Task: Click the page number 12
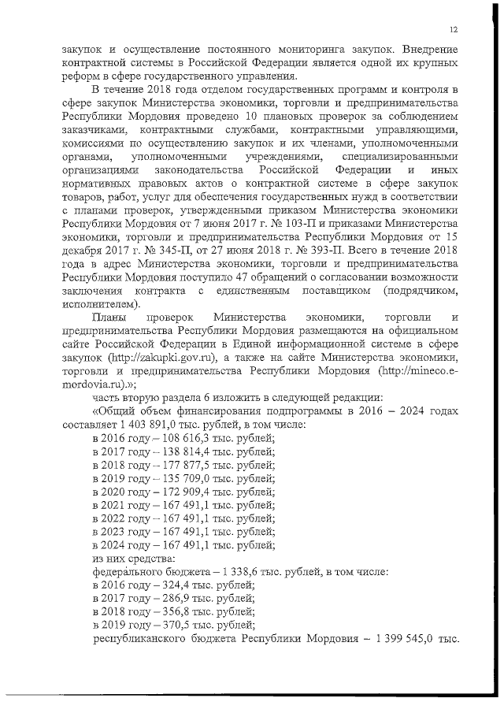click(x=454, y=29)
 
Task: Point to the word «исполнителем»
click(x=100, y=304)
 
